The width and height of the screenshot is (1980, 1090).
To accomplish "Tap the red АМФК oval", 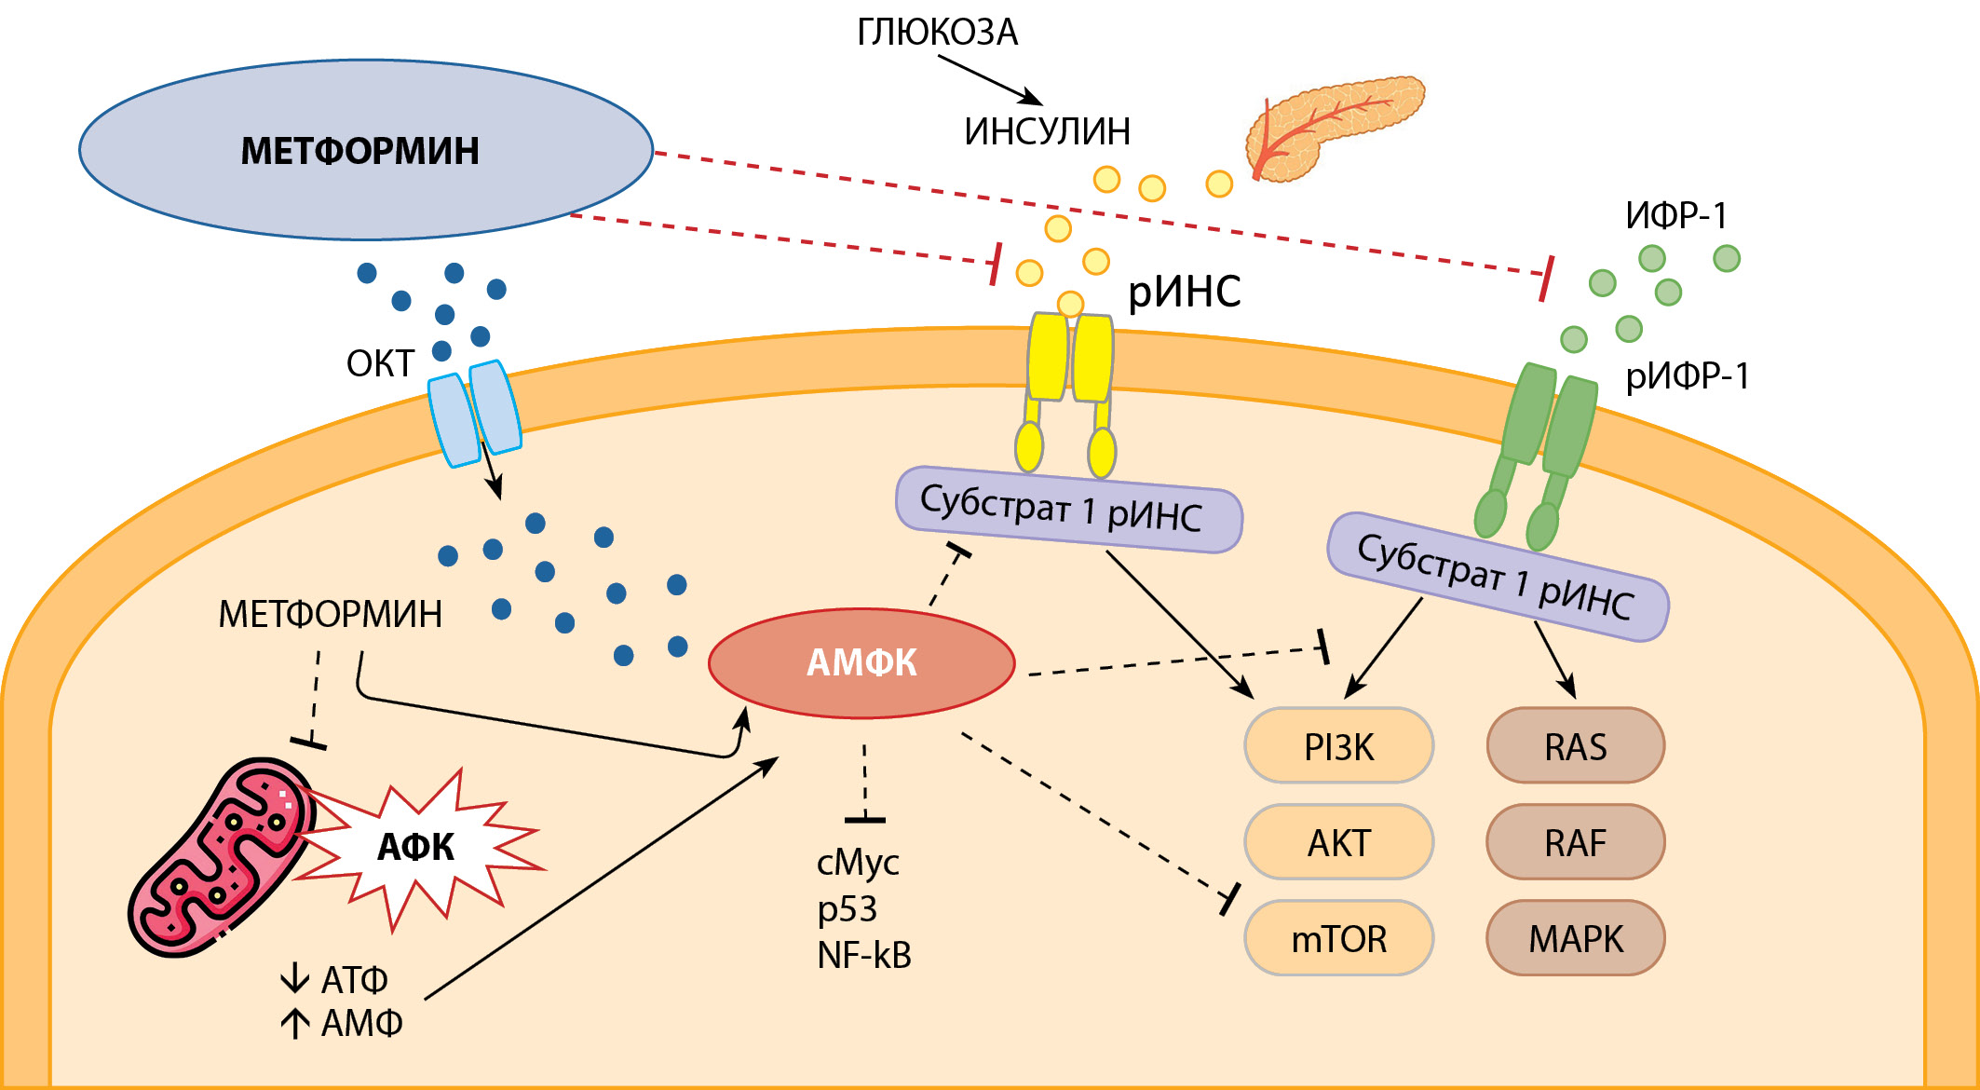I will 861,662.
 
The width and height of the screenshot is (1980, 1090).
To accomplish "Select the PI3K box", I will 1338,746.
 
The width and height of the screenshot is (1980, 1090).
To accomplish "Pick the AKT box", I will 1338,842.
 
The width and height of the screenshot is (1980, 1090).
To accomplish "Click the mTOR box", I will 1338,938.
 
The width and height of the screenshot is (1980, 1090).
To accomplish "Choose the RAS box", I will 1575,746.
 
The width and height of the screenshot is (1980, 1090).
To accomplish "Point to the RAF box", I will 1575,842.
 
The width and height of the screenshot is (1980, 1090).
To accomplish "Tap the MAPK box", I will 1575,938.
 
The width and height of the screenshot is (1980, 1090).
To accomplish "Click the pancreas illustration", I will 1332,126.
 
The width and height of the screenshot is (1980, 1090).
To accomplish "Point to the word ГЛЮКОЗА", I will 937,33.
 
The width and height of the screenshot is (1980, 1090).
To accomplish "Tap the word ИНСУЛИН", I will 1047,131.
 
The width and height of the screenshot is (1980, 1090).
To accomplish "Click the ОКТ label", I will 380,363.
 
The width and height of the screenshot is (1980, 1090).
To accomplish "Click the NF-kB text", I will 864,956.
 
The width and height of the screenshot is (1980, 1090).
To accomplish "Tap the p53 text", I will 848,909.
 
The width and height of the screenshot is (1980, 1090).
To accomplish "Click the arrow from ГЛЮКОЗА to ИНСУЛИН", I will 989,80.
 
